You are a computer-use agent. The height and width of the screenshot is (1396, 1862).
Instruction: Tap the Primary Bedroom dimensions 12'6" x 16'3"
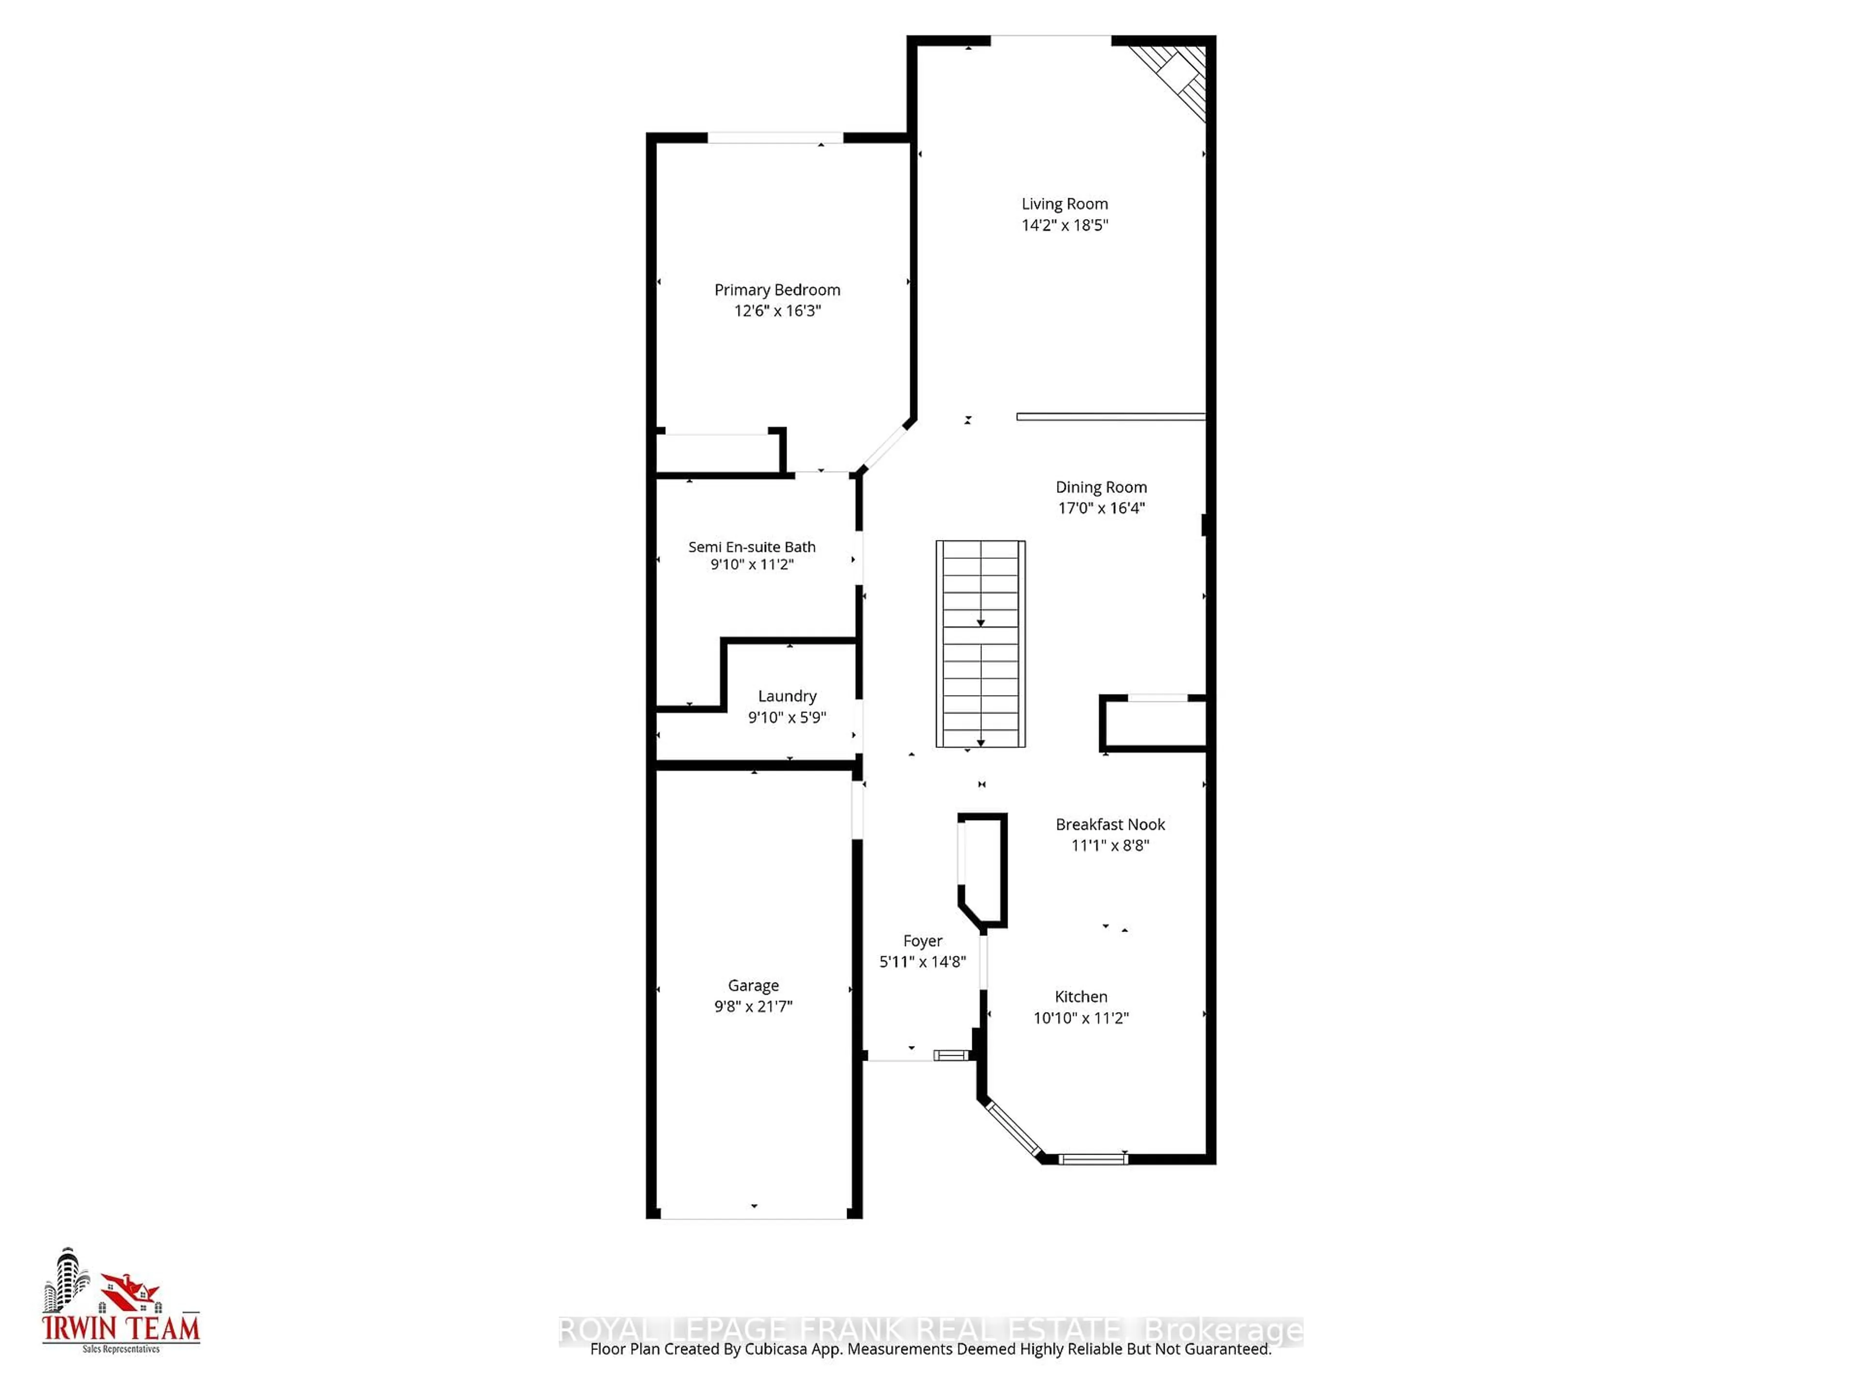pyautogui.click(x=777, y=311)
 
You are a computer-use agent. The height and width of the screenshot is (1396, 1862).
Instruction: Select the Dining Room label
pyautogui.click(x=1101, y=487)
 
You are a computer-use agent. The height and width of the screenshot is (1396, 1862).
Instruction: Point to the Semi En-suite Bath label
pyautogui.click(x=752, y=547)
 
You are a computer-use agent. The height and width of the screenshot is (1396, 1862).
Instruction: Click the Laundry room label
pyautogui.click(x=787, y=696)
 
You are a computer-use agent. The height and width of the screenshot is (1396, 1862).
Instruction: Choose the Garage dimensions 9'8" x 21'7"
pyautogui.click(x=754, y=1006)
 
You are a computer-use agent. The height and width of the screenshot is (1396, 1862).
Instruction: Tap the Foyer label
pyautogui.click(x=923, y=941)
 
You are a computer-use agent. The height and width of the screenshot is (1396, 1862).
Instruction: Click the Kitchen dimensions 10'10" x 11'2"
pyautogui.click(x=1081, y=1017)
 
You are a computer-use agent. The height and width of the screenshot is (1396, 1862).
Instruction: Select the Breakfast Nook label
pyautogui.click(x=1110, y=825)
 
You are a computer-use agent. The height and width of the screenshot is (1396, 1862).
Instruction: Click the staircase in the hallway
pyautogui.click(x=980, y=644)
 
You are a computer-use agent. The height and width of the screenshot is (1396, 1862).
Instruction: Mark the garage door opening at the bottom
pyautogui.click(x=754, y=1217)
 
